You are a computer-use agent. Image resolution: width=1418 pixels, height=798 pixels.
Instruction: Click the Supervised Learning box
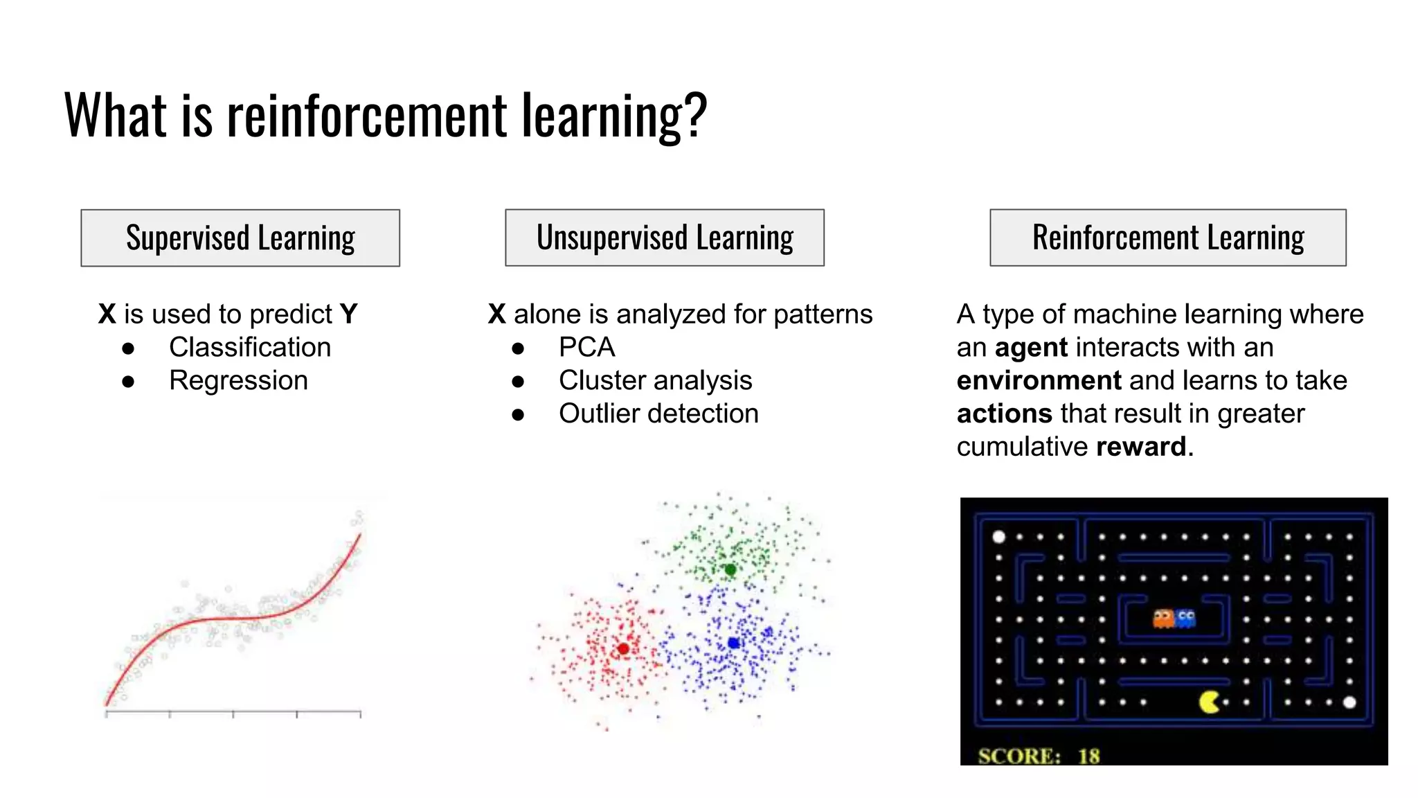[240, 238]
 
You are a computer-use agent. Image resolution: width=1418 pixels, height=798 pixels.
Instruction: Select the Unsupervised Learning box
[665, 238]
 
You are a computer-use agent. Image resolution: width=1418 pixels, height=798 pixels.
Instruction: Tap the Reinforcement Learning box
[1168, 238]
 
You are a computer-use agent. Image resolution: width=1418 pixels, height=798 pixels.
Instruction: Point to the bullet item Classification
[250, 347]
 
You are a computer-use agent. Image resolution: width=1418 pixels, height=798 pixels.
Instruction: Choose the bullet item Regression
[238, 380]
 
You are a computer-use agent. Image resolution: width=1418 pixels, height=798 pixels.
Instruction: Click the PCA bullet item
[587, 347]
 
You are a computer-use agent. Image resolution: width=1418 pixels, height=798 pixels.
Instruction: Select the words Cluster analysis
[655, 380]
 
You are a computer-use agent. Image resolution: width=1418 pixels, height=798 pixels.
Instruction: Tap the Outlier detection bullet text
[658, 414]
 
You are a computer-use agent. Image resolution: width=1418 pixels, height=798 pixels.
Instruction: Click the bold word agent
[1031, 348]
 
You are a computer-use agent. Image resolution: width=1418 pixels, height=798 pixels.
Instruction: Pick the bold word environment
[1039, 380]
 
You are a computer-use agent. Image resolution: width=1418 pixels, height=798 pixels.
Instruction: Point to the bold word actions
[1004, 414]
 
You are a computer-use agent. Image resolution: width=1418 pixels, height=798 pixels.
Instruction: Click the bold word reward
[1141, 447]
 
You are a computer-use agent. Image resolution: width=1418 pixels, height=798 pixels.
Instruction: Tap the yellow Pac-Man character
[1209, 702]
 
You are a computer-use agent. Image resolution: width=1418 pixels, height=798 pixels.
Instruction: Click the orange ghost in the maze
[1163, 618]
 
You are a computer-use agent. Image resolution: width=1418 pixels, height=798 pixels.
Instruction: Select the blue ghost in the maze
[1186, 618]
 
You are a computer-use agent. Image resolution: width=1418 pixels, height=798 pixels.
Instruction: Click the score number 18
[1088, 756]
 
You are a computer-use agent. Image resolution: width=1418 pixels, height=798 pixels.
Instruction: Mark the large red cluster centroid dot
[623, 649]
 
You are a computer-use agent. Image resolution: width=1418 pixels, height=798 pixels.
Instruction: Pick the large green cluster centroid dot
[730, 569]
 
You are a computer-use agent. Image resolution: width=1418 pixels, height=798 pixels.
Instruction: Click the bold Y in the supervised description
[348, 314]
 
